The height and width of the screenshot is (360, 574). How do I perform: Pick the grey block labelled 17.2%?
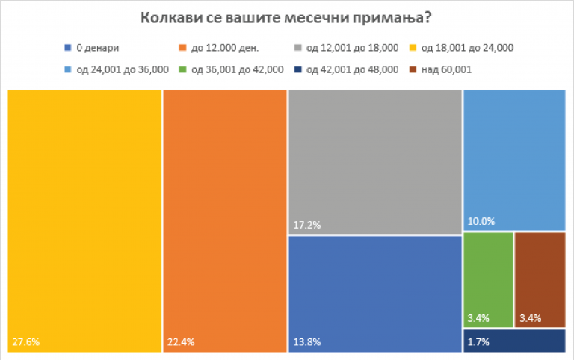pos(374,161)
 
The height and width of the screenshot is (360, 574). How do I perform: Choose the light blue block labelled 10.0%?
pos(513,160)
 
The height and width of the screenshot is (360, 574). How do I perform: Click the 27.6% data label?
pos(25,343)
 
